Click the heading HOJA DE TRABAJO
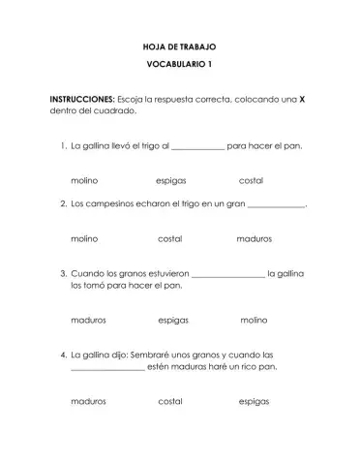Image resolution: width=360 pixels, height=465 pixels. [x=179, y=46]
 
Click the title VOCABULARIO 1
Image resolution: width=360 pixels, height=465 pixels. [x=179, y=65]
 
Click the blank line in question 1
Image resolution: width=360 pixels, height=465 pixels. [x=198, y=149]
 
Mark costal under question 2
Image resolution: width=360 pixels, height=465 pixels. [x=170, y=237]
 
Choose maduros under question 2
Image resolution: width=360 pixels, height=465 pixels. [x=255, y=237]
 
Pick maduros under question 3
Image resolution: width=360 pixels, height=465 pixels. [x=89, y=319]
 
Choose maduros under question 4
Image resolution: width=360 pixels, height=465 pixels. [x=89, y=400]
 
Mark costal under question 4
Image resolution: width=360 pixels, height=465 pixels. [x=170, y=400]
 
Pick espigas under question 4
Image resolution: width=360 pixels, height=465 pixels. [x=254, y=400]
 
